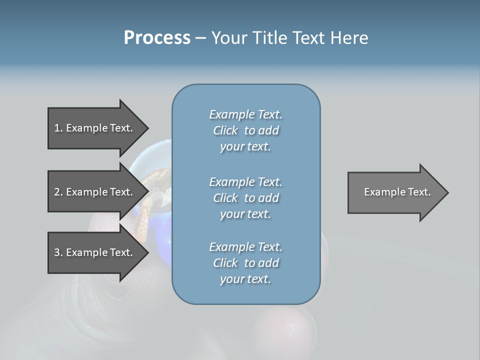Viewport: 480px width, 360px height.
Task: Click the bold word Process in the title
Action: point(157,38)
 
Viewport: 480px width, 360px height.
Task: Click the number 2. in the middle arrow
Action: point(58,192)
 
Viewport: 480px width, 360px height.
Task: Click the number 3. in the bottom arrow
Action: point(58,252)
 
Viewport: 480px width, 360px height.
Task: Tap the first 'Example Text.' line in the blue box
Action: point(245,114)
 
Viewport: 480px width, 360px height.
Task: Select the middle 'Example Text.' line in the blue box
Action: point(245,182)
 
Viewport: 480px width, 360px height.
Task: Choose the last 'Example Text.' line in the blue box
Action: point(245,247)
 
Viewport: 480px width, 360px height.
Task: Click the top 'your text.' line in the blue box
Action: point(245,147)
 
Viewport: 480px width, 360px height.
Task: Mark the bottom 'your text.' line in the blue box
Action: point(245,279)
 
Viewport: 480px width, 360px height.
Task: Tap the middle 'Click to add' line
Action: point(245,198)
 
